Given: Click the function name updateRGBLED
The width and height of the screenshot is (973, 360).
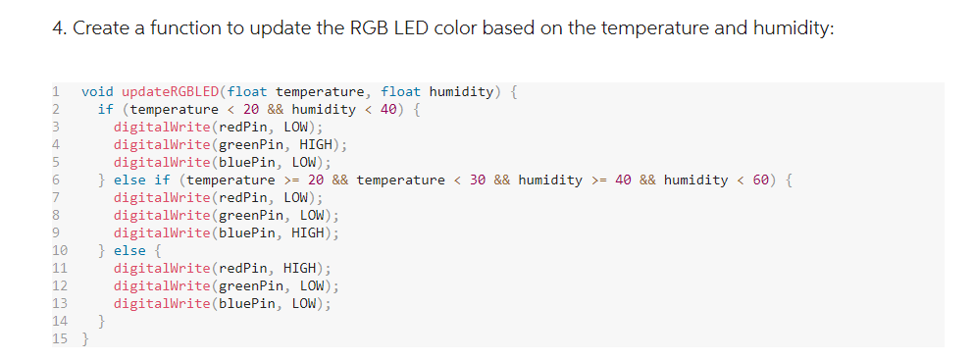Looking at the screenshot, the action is [x=177, y=92].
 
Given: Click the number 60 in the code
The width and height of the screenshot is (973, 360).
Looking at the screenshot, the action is [x=761, y=180].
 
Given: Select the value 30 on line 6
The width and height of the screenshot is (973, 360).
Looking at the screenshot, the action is [x=478, y=180].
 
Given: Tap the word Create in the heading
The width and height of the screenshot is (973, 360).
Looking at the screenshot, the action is [x=103, y=28].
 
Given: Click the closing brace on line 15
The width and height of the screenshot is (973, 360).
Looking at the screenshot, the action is [x=84, y=339].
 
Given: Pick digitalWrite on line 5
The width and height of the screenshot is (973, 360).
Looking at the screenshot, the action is [x=160, y=163].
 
